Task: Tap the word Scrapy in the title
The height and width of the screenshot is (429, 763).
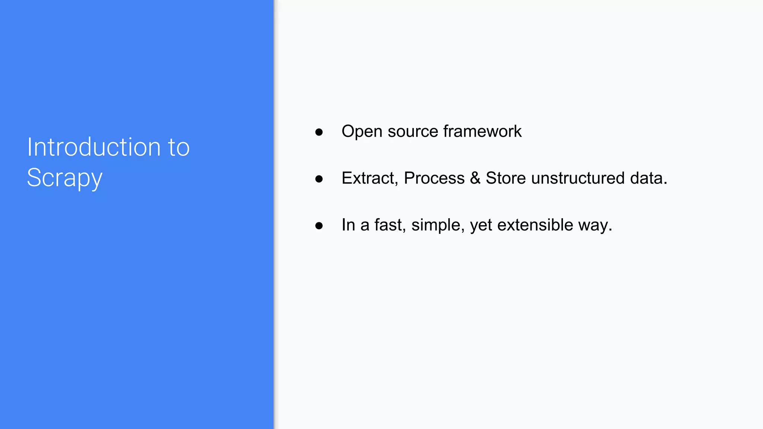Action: pos(64,178)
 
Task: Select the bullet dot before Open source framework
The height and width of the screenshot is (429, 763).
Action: pos(319,132)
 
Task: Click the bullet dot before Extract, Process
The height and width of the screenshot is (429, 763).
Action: pos(319,179)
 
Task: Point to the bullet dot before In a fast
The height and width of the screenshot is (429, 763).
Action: pos(319,226)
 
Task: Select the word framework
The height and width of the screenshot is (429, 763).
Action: pos(482,131)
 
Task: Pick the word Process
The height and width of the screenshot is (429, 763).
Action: pos(434,178)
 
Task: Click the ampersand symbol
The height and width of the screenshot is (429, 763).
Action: pos(475,178)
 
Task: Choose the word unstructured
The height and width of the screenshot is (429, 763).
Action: pos(578,178)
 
